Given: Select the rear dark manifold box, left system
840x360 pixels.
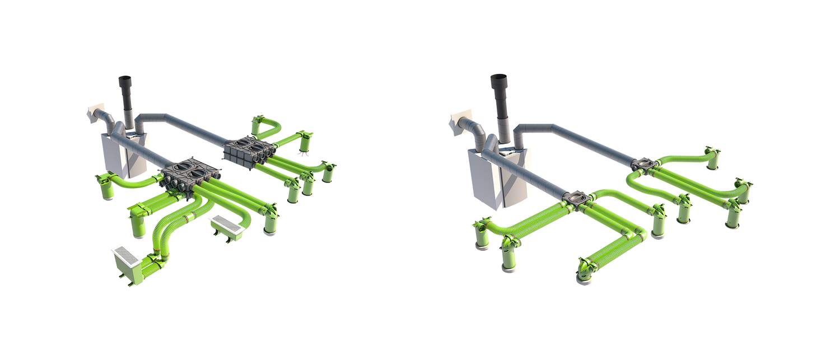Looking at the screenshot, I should click(249, 149).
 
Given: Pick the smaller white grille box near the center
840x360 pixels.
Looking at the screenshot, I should click(226, 226).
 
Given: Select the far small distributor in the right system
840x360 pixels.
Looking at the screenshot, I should click(644, 164).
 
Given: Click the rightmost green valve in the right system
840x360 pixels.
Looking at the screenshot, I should click(744, 190).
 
